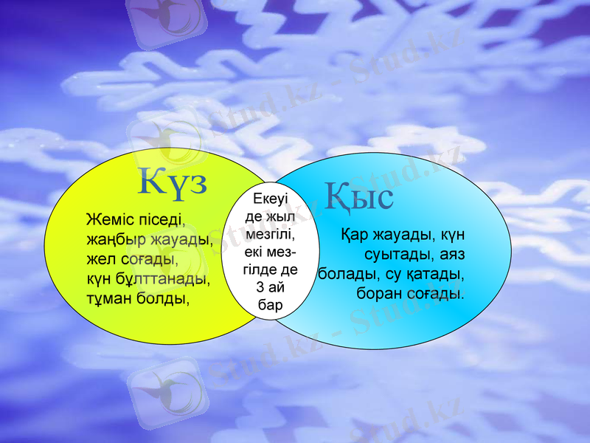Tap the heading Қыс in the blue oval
359,196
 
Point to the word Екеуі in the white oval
269,199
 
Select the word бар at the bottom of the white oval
269,303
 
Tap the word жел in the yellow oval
97,261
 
